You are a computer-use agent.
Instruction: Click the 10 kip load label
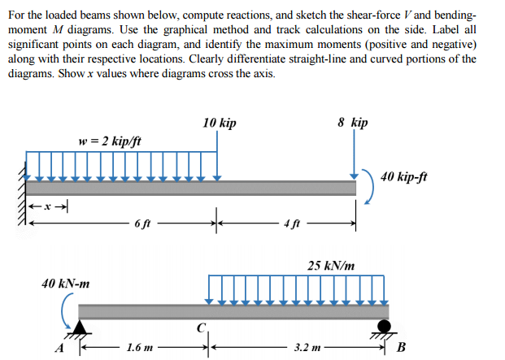pyautogui.click(x=220, y=124)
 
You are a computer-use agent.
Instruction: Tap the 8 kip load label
pyautogui.click(x=352, y=123)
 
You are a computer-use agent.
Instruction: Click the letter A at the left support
pyautogui.click(x=58, y=348)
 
